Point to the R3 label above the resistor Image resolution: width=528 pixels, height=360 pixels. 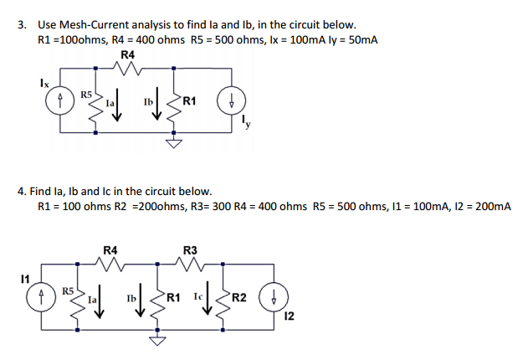pyautogui.click(x=190, y=249)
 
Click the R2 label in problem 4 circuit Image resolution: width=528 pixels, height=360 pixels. pyautogui.click(x=238, y=296)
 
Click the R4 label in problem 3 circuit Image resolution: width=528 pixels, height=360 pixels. pyautogui.click(x=127, y=55)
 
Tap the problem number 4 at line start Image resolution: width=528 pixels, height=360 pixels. pyautogui.click(x=21, y=192)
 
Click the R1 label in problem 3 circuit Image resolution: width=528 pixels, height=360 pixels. pyautogui.click(x=190, y=103)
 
